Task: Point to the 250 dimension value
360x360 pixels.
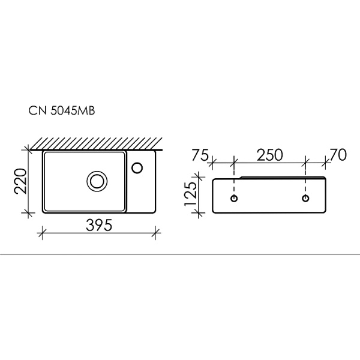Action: pyautogui.click(x=269, y=154)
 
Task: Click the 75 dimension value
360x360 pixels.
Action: pyautogui.click(x=200, y=154)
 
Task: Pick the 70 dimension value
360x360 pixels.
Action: pyautogui.click(x=339, y=154)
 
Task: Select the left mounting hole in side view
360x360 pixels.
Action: pyautogui.click(x=234, y=197)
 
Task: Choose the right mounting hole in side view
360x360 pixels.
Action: pyautogui.click(x=306, y=197)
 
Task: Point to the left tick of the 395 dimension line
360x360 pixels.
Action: pyautogui.click(x=42, y=231)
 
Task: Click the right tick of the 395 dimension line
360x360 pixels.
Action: pyautogui.click(x=155, y=231)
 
